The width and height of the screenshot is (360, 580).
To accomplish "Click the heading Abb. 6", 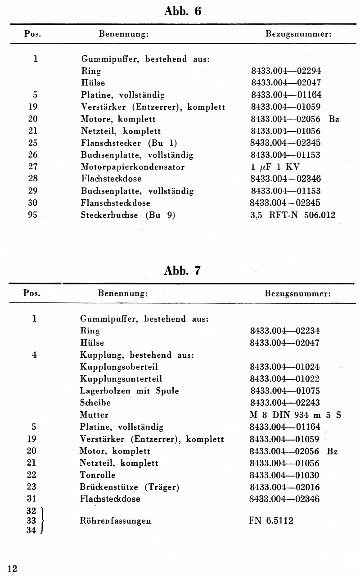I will point(183,12).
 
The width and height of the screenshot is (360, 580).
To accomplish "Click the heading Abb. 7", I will point(183,271).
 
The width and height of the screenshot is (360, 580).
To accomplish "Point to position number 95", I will point(32,215).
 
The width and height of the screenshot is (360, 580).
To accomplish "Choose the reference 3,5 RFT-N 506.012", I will point(292,215).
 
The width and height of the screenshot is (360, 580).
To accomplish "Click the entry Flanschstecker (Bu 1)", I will point(129,143).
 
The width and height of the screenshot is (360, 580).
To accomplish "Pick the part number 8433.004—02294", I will point(286,71).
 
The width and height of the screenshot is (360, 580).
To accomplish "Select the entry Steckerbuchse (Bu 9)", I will point(128,215).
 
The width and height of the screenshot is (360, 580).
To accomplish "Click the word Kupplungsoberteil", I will point(119,367).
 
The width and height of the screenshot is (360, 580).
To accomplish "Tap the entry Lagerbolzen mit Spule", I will point(129,391).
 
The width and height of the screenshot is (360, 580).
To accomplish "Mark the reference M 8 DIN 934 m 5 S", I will point(295,415).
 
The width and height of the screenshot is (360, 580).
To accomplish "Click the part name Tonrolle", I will point(97,475).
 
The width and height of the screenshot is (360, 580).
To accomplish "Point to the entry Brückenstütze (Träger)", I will point(130,487).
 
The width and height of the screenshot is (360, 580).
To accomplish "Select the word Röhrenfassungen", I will point(115,521).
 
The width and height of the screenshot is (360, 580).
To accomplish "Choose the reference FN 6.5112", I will point(271,521).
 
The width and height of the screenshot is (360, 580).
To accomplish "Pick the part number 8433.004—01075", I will point(285,391).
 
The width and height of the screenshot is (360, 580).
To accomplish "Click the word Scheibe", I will point(95,403).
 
